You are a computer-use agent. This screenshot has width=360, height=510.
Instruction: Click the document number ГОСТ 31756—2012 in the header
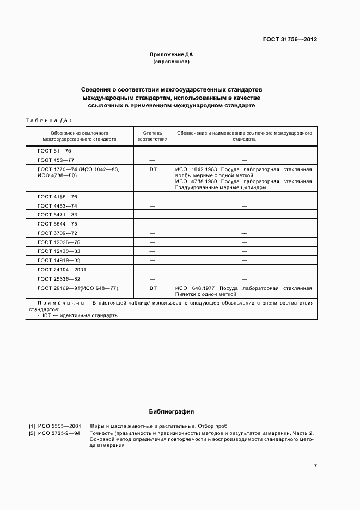[290, 40]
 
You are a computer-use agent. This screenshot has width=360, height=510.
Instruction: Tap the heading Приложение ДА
[172, 55]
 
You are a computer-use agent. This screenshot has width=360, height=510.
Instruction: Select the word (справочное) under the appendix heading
[172, 62]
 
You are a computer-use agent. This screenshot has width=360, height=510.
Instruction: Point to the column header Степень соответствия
[152, 136]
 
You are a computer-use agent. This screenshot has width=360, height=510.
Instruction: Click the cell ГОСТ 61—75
[54, 150]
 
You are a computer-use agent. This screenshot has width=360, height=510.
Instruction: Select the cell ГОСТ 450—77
[56, 160]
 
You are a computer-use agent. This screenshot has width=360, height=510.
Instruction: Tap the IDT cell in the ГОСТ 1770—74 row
[152, 169]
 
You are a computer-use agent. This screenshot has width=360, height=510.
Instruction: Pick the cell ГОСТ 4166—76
[57, 197]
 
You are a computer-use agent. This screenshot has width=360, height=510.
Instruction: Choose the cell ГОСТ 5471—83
[57, 215]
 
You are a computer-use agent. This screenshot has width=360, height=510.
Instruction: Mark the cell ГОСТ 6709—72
[57, 233]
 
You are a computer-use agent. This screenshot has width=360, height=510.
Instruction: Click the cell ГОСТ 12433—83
[59, 251]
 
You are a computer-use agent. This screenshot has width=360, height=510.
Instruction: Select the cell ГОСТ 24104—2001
[62, 270]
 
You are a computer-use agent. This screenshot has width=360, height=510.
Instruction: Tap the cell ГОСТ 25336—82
[59, 278]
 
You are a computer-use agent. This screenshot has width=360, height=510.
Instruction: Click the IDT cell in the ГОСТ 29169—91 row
[152, 288]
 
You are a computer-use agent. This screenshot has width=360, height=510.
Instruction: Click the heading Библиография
[172, 412]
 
